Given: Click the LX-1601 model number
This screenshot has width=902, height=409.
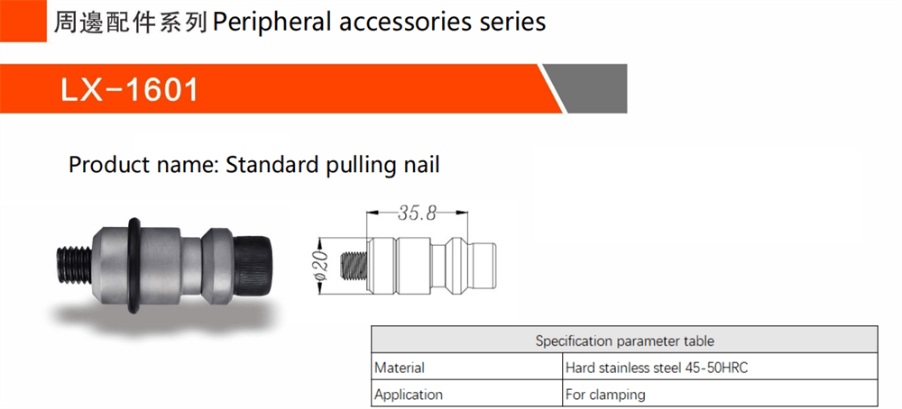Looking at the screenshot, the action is (129, 89).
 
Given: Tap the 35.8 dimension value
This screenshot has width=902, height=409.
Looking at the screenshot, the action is (417, 214).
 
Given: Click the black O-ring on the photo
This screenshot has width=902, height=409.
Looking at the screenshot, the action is (133, 266).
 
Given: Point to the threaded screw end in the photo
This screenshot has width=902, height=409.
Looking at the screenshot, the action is (75, 265).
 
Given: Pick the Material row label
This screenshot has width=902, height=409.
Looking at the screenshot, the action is (400, 368).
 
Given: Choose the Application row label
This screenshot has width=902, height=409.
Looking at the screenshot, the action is (409, 395).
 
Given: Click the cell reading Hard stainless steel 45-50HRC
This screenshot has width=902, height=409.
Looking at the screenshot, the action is (657, 368).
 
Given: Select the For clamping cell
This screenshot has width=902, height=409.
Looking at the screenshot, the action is (605, 395).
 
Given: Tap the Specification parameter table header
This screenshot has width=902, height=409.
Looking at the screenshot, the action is (625, 341).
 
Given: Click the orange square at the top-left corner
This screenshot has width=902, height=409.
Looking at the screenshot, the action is (23, 21).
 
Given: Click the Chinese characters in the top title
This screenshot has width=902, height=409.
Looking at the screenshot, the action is (131, 22).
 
